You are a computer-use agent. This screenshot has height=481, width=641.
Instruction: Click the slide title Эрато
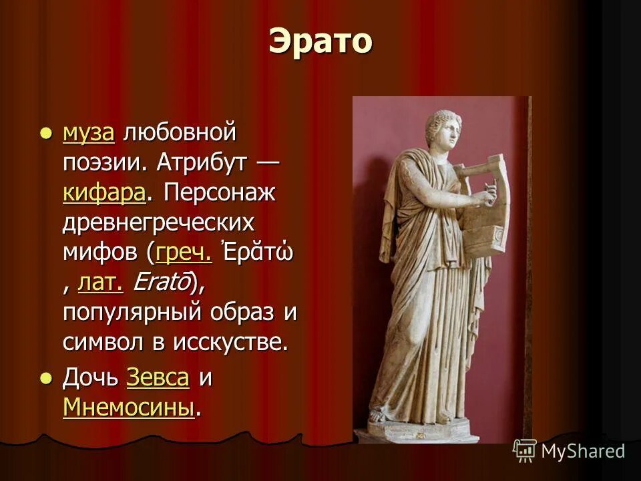pyautogui.click(x=320, y=42)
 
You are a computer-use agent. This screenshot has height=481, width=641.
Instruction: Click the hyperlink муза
pyautogui.click(x=88, y=133)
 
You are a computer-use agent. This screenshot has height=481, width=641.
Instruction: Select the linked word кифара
pyautogui.click(x=104, y=193)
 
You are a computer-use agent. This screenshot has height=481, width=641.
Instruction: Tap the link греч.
pyautogui.click(x=184, y=253)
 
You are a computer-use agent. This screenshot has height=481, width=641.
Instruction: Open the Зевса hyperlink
pyautogui.click(x=158, y=377)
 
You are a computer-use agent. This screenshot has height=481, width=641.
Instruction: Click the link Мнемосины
pyautogui.click(x=128, y=407)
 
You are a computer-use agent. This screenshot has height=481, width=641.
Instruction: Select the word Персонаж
pyautogui.click(x=220, y=193)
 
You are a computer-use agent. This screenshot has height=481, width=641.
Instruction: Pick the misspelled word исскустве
pyautogui.click(x=231, y=343)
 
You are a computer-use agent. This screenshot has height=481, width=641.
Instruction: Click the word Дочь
pyautogui.click(x=90, y=377)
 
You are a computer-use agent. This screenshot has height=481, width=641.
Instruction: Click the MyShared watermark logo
pyautogui.click(x=569, y=451)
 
